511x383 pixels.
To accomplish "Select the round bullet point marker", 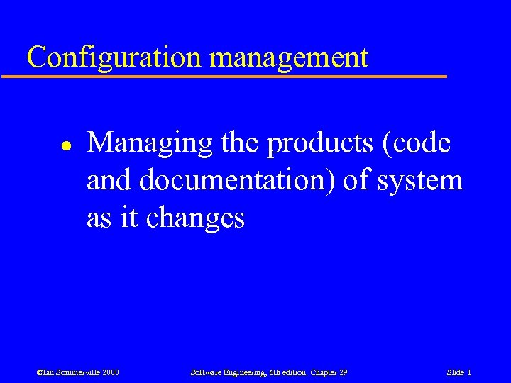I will [43, 144].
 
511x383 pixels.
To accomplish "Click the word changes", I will [195, 218].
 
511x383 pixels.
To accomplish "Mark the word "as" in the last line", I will [99, 218].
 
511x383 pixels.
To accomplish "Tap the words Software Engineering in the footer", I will [226, 372].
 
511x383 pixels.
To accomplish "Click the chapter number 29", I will [342, 372].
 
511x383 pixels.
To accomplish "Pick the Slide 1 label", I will [459, 372].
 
